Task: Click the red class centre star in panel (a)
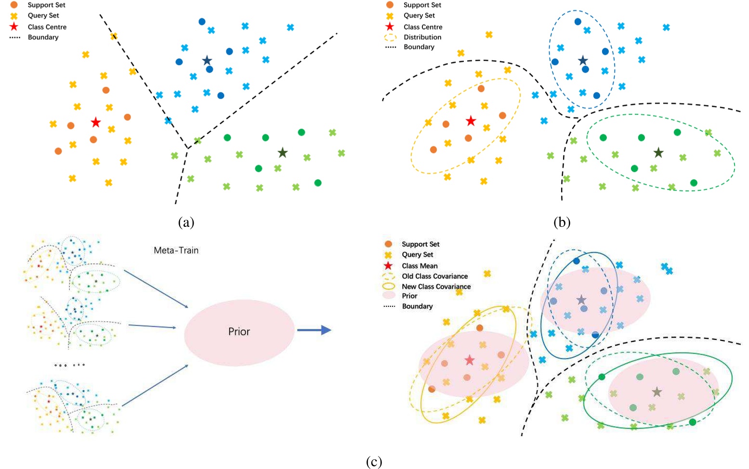96,122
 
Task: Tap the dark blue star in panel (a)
207,61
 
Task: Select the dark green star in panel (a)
283,153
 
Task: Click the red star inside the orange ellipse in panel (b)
471,121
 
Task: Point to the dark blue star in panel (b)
583,61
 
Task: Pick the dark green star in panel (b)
658,153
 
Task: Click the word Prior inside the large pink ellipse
239,332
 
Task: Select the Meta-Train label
176,250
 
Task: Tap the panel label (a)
186,222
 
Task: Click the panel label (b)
562,222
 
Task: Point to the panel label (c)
374,462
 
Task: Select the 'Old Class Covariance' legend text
434,276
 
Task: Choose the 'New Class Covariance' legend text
436,287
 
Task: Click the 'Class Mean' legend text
420,266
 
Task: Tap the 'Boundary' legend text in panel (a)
43,37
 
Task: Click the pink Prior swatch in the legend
389,296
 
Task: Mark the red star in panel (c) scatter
470,360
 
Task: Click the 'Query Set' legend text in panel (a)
43,15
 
